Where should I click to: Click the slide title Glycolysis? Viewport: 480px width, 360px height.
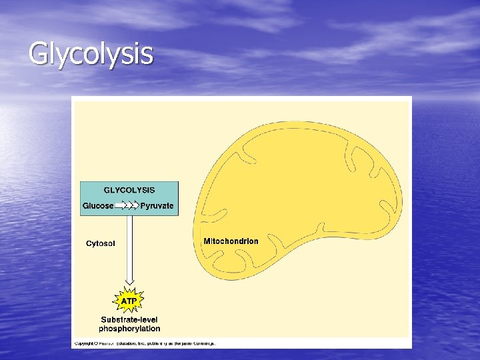91,53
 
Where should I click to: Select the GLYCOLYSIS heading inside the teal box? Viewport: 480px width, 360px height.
129,190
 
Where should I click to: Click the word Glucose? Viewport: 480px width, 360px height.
98,206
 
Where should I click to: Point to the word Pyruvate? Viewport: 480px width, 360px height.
157,206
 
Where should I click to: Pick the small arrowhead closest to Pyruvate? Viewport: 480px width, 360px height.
137,206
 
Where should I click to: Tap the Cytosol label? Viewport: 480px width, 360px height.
100,243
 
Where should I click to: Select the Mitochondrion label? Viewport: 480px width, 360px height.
231,241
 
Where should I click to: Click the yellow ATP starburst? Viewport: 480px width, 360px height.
129,301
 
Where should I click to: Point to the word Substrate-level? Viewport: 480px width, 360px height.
130,319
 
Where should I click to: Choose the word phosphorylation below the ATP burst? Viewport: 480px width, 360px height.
129,328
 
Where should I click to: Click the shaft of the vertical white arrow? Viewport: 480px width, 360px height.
129,247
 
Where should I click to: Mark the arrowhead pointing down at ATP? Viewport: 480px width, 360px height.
129,280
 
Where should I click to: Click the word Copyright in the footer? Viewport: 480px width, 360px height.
83,343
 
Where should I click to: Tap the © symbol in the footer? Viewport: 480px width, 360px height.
96,343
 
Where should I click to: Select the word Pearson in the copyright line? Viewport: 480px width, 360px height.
107,343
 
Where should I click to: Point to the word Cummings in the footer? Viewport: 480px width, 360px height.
205,343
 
